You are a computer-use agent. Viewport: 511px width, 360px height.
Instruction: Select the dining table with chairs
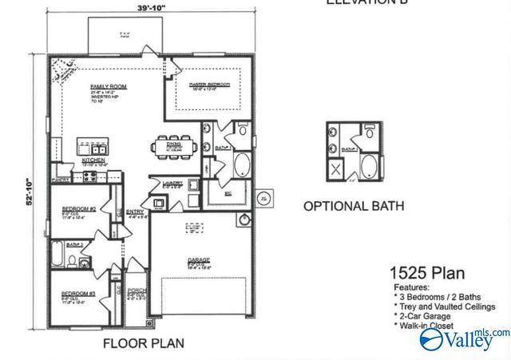point(172,146)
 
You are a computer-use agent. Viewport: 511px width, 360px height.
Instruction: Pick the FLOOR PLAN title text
point(144,344)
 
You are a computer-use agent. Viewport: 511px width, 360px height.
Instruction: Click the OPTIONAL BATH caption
point(353,206)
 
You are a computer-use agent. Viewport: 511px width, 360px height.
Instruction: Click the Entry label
point(137,213)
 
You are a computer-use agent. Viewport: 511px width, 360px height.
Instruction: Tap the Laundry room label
point(173,184)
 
